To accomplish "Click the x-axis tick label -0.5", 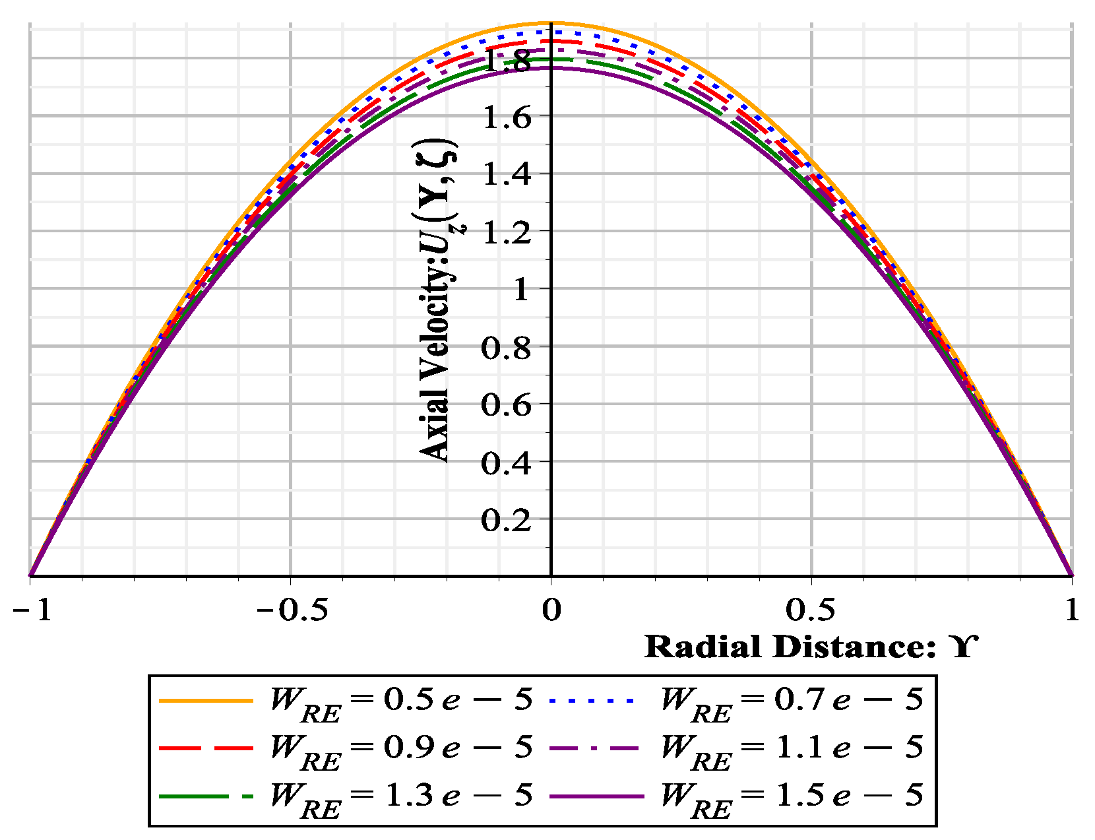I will (x=291, y=610).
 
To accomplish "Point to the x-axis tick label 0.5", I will (x=811, y=610).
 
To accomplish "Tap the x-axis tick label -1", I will (x=32, y=610).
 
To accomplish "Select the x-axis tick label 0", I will (x=551, y=610).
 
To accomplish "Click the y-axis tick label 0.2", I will (x=506, y=521).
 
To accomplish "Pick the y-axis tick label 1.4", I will (x=506, y=175).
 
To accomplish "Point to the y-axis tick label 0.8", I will (x=506, y=348).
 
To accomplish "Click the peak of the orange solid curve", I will (x=551, y=22).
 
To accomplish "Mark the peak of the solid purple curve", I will (x=551, y=67).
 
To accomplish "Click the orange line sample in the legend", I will (x=206, y=700).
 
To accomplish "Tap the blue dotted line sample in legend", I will (x=592, y=700).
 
